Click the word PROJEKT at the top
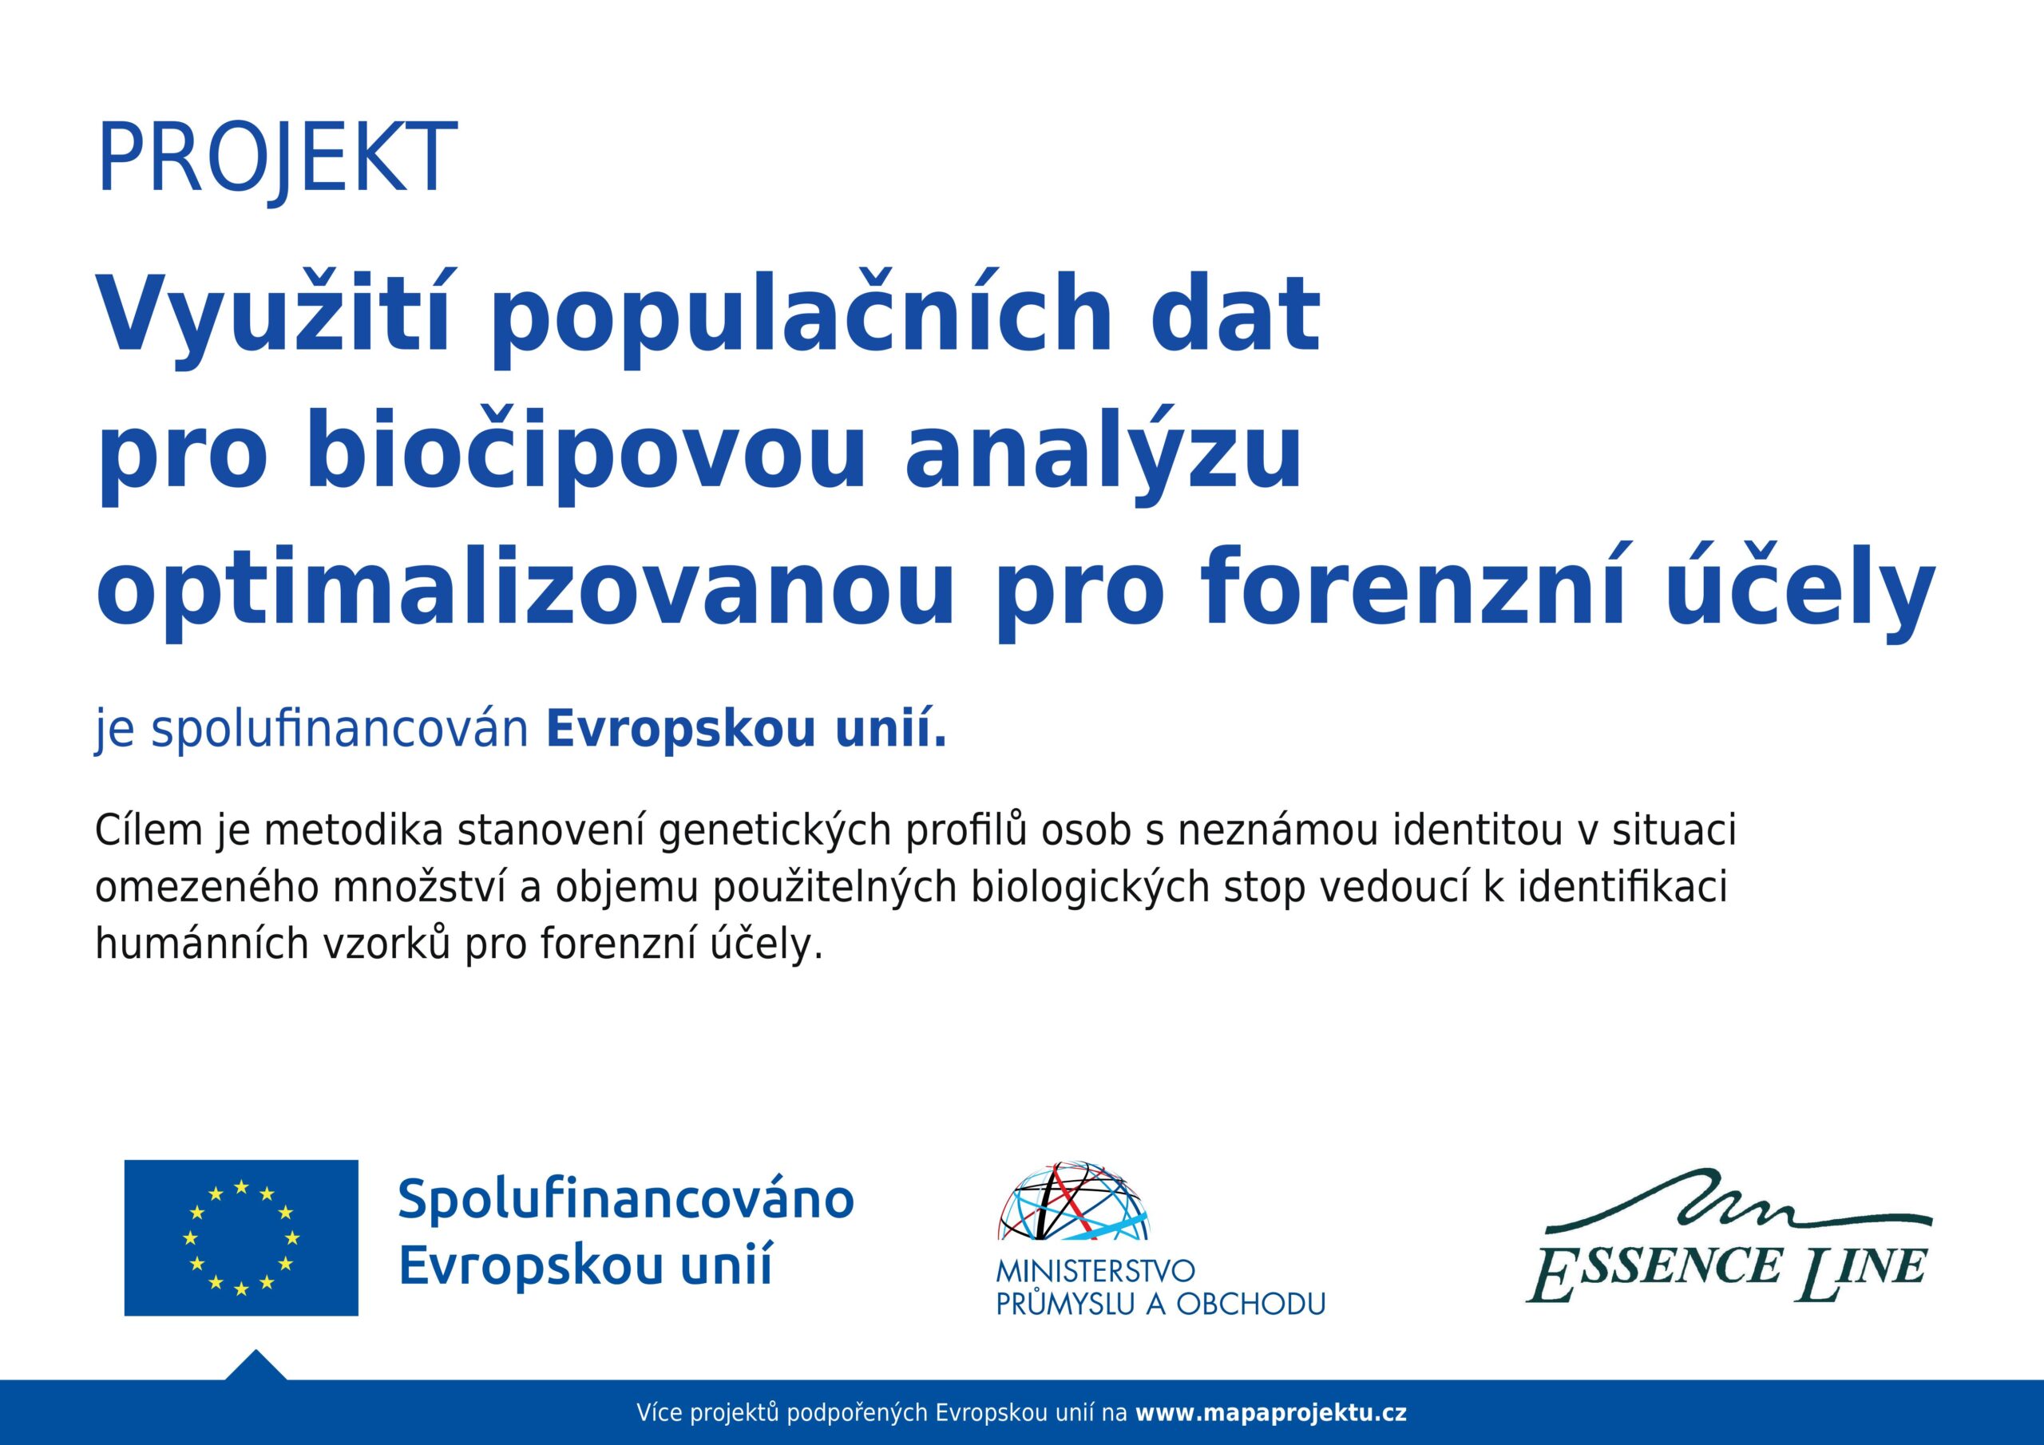[277, 160]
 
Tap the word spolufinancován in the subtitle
[340, 730]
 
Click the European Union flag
[241, 1237]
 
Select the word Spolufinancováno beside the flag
[626, 1198]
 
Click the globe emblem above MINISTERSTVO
[1074, 1201]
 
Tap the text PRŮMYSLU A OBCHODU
[1161, 1304]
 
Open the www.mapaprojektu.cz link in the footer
[1272, 1413]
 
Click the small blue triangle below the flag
[255, 1367]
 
